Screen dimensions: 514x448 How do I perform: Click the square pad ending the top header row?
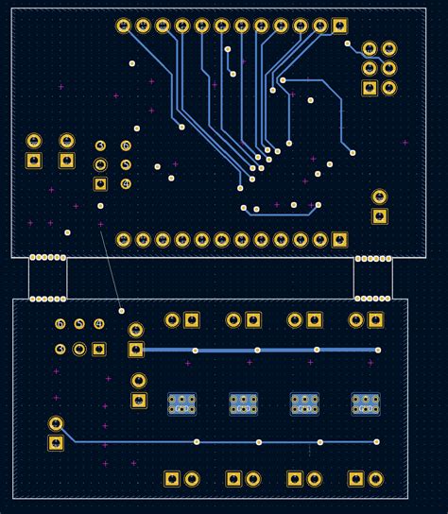[x=340, y=26]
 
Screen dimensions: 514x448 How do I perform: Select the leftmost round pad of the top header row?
[x=124, y=26]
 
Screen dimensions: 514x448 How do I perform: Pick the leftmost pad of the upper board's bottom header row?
[x=124, y=240]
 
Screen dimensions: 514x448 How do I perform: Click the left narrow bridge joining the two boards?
[x=47, y=278]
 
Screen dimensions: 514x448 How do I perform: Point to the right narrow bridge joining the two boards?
[x=372, y=278]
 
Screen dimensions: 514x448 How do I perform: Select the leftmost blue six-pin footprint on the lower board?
[x=181, y=404]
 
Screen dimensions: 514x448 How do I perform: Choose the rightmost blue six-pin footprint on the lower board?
[x=366, y=404]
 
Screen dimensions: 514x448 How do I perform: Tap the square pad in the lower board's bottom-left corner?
[x=56, y=442]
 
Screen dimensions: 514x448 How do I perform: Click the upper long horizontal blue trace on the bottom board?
[x=255, y=350]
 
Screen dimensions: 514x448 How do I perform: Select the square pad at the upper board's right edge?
[x=379, y=216]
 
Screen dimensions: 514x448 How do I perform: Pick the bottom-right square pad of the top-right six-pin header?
[x=388, y=88]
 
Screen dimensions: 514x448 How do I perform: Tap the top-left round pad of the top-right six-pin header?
[x=370, y=48]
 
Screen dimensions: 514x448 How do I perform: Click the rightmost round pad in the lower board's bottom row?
[x=376, y=479]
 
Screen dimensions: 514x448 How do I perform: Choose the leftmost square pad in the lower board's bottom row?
[x=172, y=479]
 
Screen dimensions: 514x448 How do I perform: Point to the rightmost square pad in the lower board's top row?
[x=376, y=320]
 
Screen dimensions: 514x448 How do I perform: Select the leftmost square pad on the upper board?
[x=34, y=161]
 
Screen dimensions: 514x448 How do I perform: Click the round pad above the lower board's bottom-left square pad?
[x=56, y=423]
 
